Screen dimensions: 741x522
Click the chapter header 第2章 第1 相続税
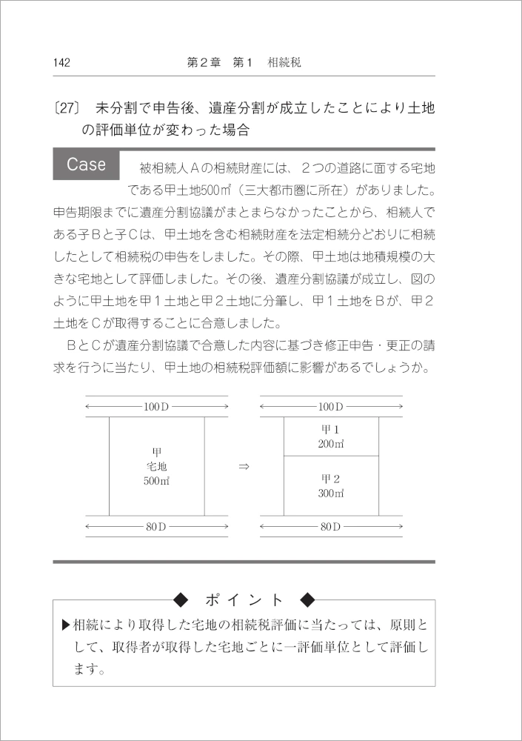(244, 63)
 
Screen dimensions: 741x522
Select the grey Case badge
(87, 164)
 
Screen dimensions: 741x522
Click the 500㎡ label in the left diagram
(156, 480)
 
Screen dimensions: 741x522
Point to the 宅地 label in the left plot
(156, 466)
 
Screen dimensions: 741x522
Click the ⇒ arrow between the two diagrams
(244, 467)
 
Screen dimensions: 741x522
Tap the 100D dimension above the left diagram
(156, 407)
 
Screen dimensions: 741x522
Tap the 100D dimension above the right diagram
(331, 407)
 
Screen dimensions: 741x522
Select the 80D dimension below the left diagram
(156, 526)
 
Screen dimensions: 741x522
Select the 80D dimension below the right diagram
(331, 526)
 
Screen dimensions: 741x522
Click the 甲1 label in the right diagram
(330, 430)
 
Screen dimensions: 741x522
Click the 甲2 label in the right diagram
(330, 478)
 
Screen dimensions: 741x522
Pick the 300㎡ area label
(331, 492)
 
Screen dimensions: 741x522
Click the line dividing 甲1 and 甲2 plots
(331, 455)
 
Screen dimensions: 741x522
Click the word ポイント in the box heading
(244, 599)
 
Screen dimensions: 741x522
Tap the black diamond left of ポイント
(181, 599)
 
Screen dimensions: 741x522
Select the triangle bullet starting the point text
(67, 625)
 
